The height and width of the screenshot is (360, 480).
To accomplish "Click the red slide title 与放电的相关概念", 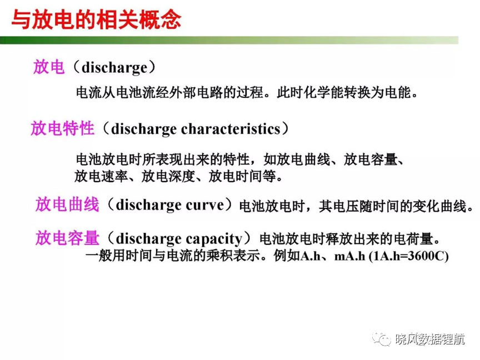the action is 96,20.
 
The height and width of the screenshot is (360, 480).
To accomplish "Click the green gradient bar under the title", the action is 229,40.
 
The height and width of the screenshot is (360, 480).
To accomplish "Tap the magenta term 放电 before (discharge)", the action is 49,67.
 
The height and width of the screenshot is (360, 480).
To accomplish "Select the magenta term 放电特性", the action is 62,128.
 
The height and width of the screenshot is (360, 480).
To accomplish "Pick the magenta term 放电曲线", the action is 67,204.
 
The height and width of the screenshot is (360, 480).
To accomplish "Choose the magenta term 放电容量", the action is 67,238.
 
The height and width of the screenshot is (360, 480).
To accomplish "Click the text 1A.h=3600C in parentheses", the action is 408,256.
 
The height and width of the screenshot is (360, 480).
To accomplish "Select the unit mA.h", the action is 349,256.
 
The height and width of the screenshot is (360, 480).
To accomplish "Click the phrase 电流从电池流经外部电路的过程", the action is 169,92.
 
